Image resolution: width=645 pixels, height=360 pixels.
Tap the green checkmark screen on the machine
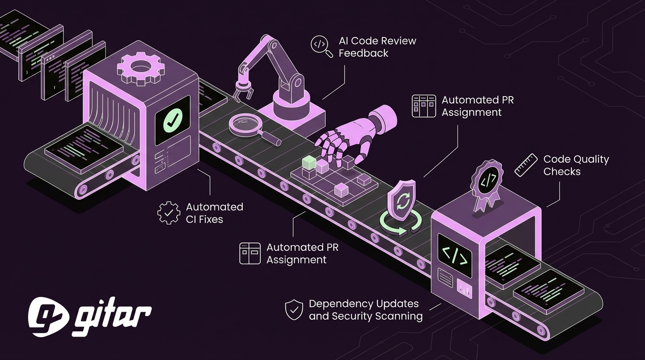click(x=172, y=120)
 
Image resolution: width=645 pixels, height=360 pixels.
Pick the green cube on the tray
click(x=309, y=163)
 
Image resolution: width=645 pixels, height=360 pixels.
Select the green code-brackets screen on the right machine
click(x=455, y=255)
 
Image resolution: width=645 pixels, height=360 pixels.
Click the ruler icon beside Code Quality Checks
click(x=526, y=165)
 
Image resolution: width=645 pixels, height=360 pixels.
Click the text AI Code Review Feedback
click(x=377, y=47)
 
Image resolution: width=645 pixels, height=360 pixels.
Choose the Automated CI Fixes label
click(x=214, y=213)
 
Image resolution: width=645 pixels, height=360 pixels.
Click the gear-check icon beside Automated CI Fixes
click(x=168, y=213)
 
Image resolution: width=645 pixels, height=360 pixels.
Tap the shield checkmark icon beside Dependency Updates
click(x=294, y=310)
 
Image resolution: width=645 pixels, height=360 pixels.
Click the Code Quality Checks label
click(x=576, y=165)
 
